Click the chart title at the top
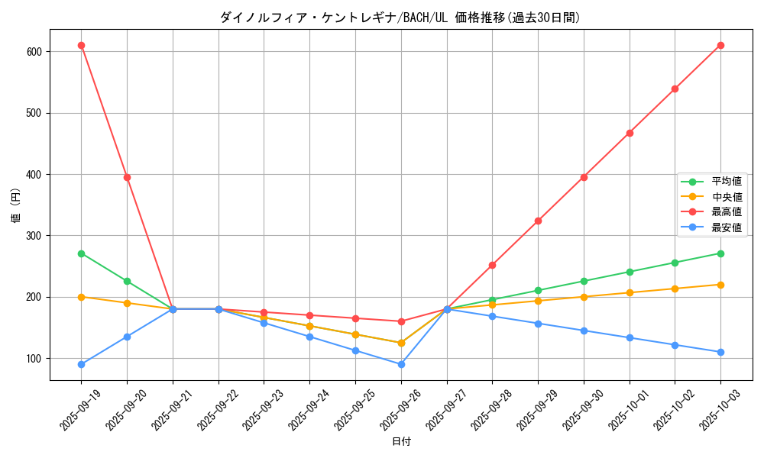[400, 18]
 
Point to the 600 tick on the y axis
[34, 52]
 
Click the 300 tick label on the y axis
[34, 236]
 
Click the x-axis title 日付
[400, 442]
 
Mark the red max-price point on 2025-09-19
[81, 46]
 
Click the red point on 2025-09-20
[127, 177]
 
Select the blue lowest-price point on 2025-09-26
[401, 364]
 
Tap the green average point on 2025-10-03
[720, 253]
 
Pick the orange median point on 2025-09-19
[81, 297]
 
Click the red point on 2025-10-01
[630, 133]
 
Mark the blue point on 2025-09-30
[584, 331]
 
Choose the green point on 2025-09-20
[127, 281]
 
